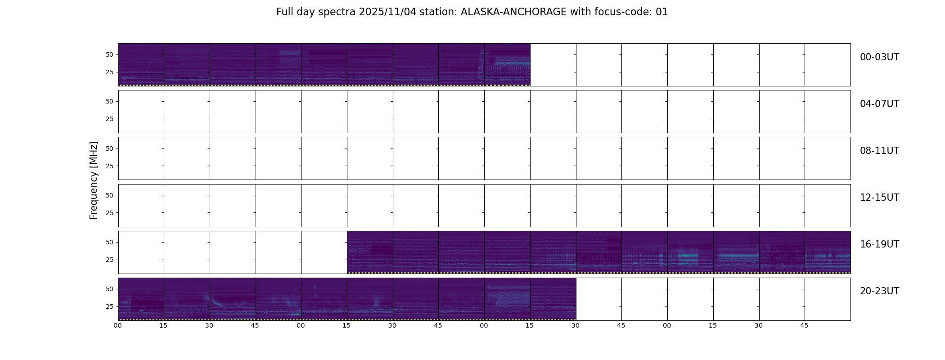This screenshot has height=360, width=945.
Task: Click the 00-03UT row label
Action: [879, 57]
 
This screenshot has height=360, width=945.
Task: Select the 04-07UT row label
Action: [879, 104]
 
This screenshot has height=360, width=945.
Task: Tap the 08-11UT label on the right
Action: [879, 151]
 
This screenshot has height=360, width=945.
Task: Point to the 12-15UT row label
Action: [879, 198]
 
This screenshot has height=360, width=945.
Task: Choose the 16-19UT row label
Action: [879, 244]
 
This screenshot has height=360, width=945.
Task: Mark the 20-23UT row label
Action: [879, 291]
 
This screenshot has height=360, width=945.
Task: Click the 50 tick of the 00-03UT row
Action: [110, 55]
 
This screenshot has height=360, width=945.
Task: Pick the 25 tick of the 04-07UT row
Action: [110, 119]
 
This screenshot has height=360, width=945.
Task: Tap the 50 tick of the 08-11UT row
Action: [110, 148]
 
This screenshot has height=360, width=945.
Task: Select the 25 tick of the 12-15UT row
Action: [110, 213]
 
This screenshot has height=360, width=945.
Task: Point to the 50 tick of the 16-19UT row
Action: [110, 242]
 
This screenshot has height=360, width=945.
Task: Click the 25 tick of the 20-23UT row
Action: [110, 306]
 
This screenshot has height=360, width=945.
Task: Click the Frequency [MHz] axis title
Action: [94, 180]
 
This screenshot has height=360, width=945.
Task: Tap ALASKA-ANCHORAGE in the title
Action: [513, 12]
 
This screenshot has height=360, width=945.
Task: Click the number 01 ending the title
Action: [662, 12]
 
